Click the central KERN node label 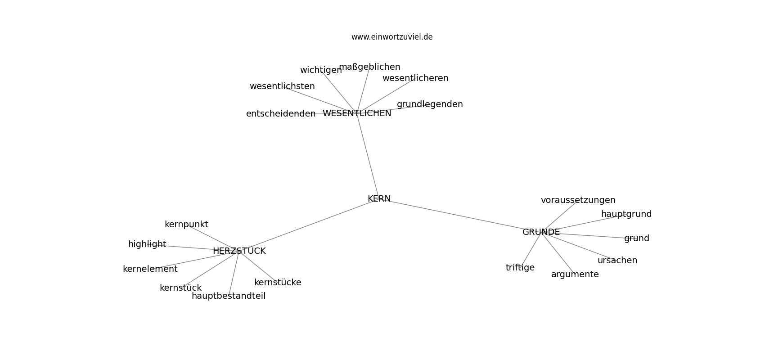tap(379, 199)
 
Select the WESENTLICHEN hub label tap(357, 113)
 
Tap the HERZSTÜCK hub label tap(239, 251)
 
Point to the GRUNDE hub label tap(541, 232)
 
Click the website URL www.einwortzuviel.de tap(392, 37)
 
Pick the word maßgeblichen tap(369, 67)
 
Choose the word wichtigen tap(321, 70)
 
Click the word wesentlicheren tap(415, 78)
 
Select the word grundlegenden tap(430, 104)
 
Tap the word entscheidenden tap(281, 114)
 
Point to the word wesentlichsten tap(282, 86)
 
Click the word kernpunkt tap(186, 225)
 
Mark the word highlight tap(147, 244)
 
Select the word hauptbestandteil tap(229, 296)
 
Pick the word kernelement tap(150, 269)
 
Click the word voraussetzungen tap(578, 201)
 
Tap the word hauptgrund tap(626, 214)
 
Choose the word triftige tap(520, 268)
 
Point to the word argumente tap(575, 274)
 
